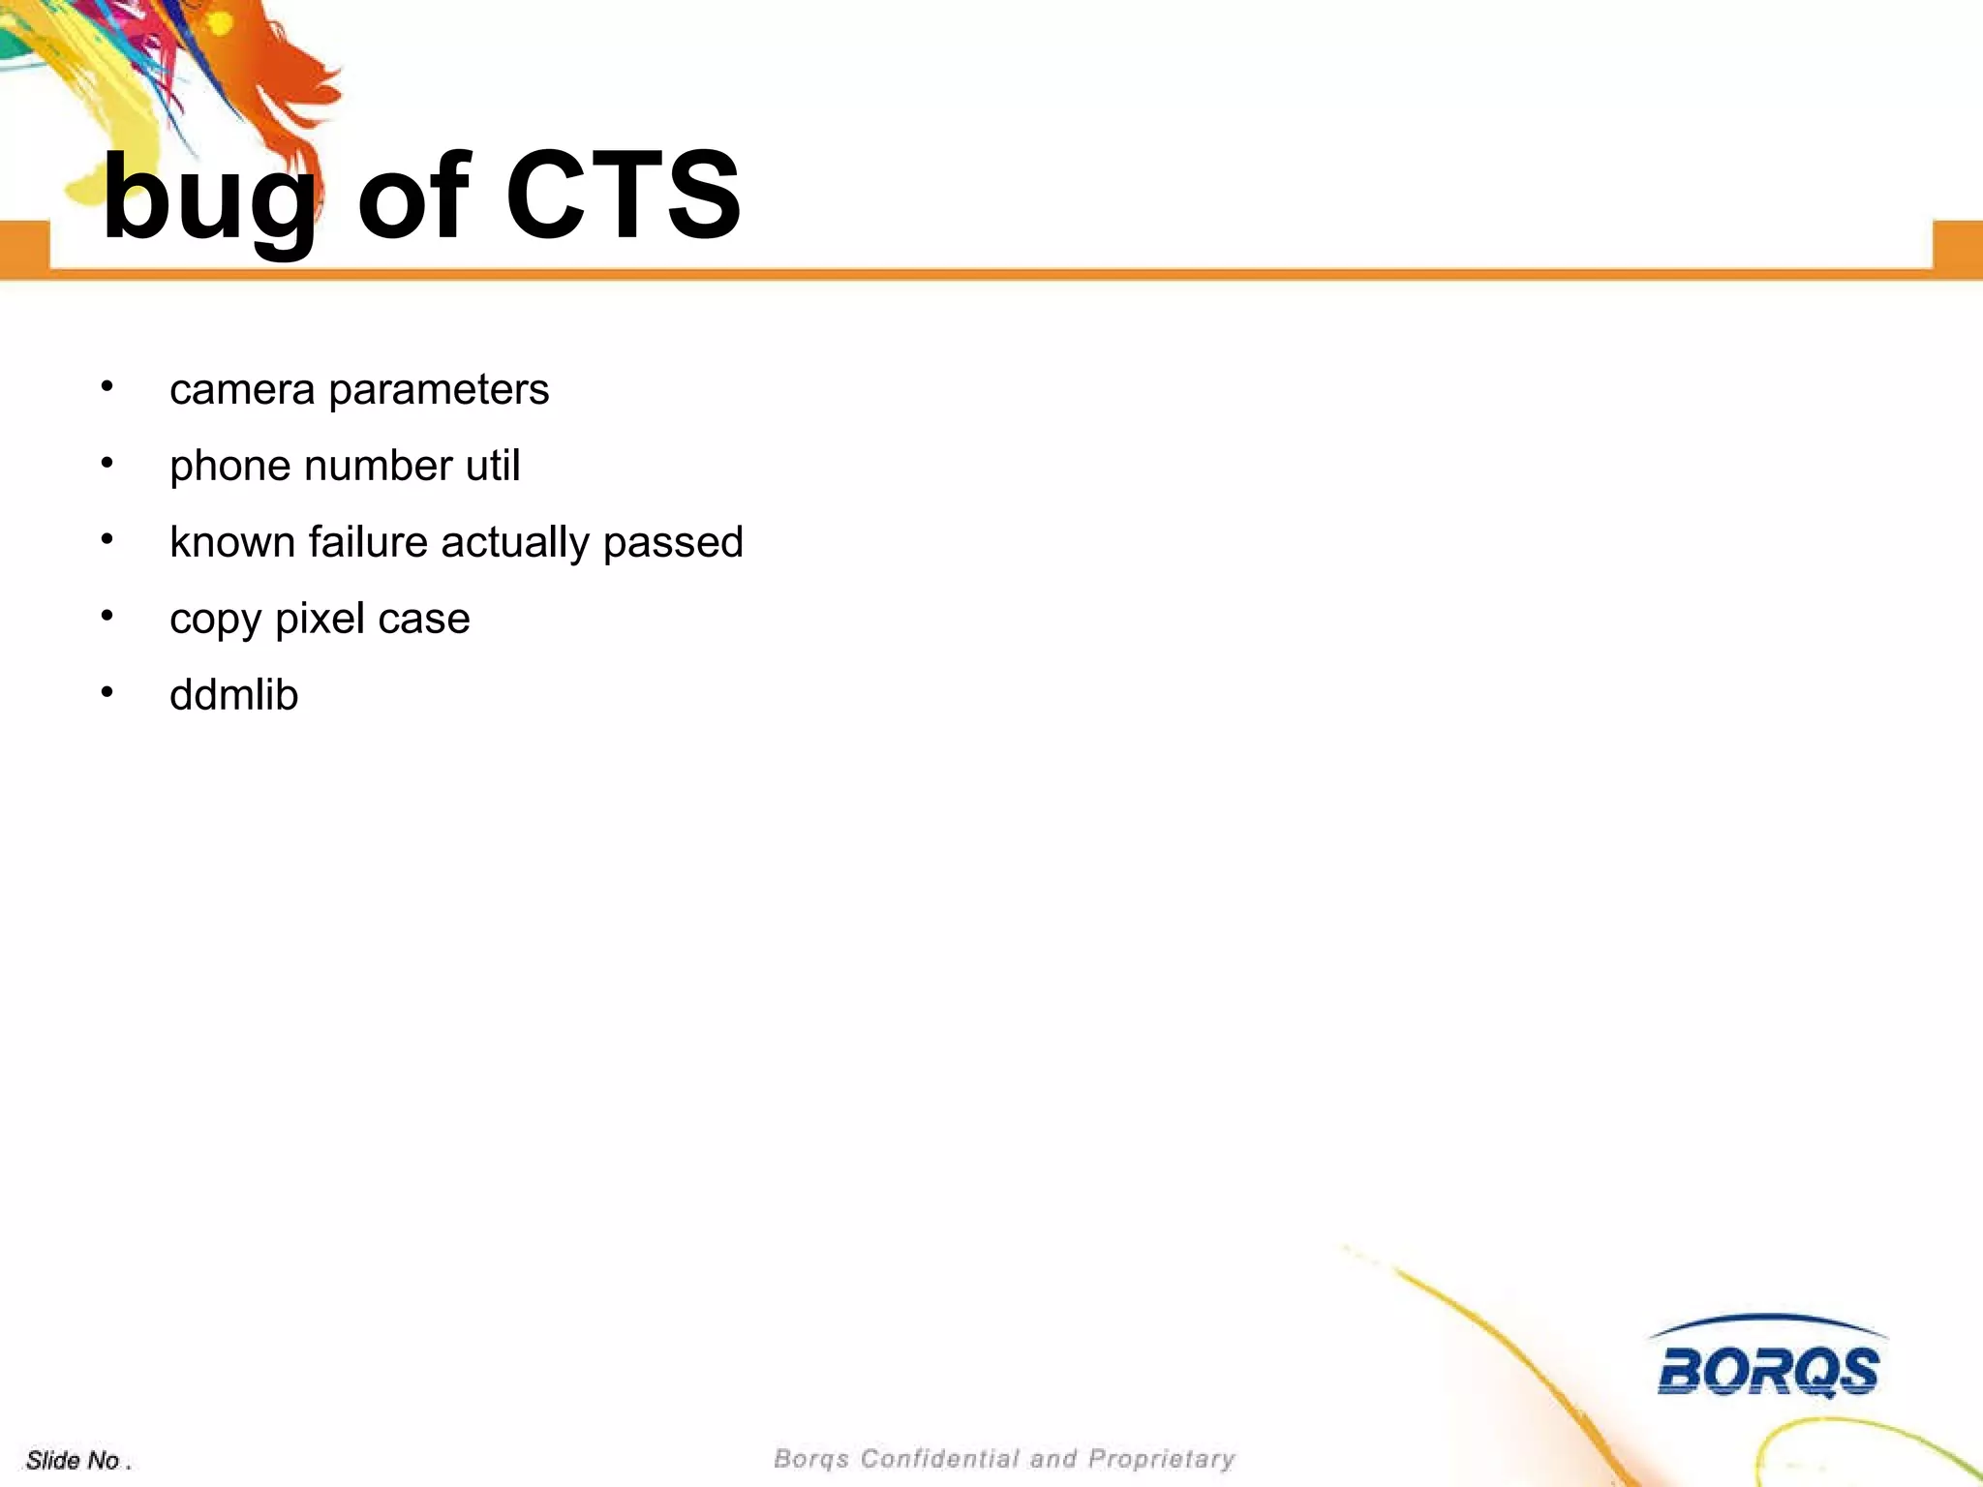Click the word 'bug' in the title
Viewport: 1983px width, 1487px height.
(x=208, y=198)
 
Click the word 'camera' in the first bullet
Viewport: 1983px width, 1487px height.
(x=242, y=390)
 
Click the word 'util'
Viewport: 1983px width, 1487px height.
(x=493, y=466)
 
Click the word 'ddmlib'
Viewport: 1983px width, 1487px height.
(x=233, y=695)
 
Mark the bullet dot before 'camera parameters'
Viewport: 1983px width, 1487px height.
(x=107, y=387)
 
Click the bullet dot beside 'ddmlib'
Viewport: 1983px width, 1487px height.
(x=107, y=692)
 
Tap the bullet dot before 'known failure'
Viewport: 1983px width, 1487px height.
(x=107, y=539)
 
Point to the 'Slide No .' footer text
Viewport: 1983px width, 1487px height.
(x=77, y=1460)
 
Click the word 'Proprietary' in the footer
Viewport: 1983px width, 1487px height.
(x=1162, y=1459)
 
